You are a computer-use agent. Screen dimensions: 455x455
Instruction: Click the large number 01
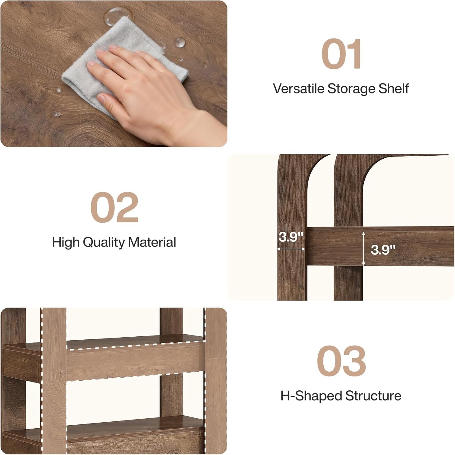341,54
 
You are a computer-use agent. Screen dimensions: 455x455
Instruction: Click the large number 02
114,207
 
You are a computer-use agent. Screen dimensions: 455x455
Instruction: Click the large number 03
341,361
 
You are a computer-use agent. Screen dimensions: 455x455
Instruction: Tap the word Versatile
298,89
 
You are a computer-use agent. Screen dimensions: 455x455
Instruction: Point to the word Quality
103,242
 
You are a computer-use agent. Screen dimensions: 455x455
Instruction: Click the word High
66,242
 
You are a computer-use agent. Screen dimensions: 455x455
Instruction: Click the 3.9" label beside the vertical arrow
383,250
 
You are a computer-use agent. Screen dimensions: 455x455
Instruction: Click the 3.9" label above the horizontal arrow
291,237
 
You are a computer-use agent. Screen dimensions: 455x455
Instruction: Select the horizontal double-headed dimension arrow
291,249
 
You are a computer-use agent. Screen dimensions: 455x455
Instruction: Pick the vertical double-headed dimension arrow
363,249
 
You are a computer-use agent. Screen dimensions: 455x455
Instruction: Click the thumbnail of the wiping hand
114,74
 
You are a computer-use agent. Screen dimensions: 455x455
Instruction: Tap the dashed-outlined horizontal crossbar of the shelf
136,362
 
